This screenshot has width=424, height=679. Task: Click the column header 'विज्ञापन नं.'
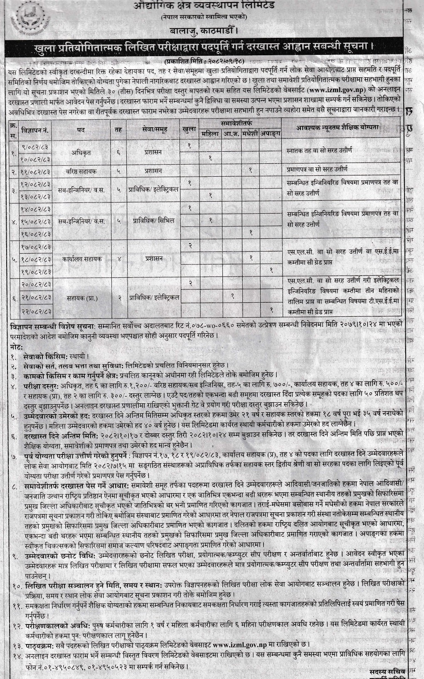(x=36, y=130)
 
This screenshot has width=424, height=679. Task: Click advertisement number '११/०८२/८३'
(x=36, y=171)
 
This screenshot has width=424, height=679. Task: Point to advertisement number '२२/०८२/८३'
(x=36, y=311)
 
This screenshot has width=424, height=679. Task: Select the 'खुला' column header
(x=189, y=130)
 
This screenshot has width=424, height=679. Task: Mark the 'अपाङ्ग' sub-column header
(x=271, y=134)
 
